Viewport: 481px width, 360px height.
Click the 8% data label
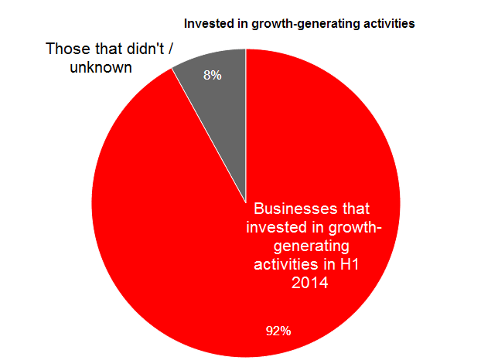tap(213, 75)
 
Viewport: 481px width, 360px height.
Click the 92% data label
tap(278, 331)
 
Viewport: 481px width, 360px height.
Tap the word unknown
tap(101, 67)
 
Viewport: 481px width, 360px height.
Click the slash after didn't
tap(170, 49)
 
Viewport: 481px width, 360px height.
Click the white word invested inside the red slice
tap(276, 227)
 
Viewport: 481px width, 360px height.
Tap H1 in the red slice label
tap(350, 264)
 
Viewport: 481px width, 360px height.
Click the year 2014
tap(309, 283)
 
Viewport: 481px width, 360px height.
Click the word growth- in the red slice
tap(355, 228)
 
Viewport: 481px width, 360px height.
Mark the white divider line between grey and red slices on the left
tap(209, 135)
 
